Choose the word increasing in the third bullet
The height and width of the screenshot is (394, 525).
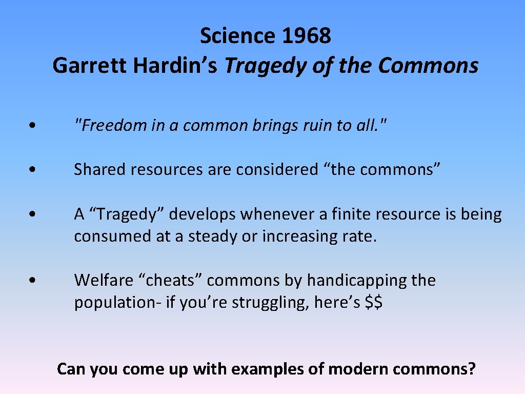coord(298,236)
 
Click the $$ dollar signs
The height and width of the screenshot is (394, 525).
coord(374,302)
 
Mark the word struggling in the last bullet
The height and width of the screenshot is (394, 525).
coord(270,302)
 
